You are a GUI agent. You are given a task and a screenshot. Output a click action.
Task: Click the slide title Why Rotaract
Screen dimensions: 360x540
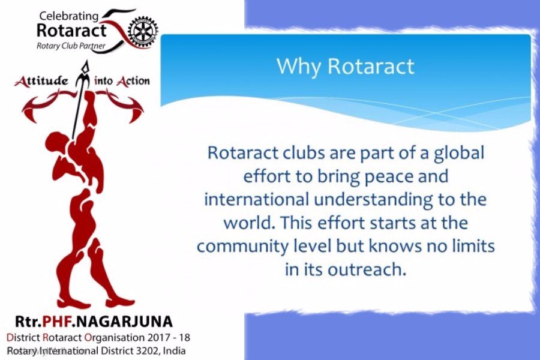(x=345, y=66)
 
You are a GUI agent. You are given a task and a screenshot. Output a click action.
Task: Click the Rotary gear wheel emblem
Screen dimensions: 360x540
(x=144, y=30)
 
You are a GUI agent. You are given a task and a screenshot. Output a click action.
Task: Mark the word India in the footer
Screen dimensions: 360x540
(x=174, y=350)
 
